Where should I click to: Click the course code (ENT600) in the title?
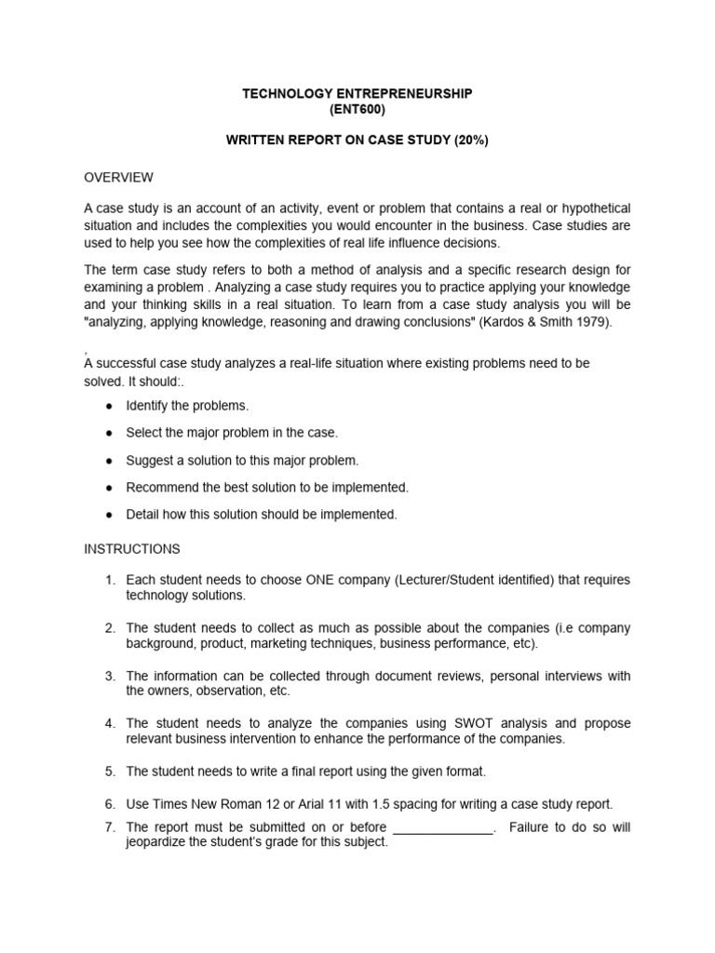[357, 110]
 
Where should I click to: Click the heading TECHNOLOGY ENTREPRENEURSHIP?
[357, 94]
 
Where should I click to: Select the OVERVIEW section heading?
[118, 177]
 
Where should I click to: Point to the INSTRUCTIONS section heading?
[132, 549]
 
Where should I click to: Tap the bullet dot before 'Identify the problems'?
[110, 407]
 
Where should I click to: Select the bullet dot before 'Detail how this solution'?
[110, 515]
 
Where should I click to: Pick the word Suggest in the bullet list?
[149, 461]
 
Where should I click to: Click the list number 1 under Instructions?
[110, 580]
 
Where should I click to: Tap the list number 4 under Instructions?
[110, 723]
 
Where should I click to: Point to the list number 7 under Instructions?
[110, 827]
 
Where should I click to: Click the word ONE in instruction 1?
[321, 580]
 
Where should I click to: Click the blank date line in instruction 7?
[444, 827]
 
